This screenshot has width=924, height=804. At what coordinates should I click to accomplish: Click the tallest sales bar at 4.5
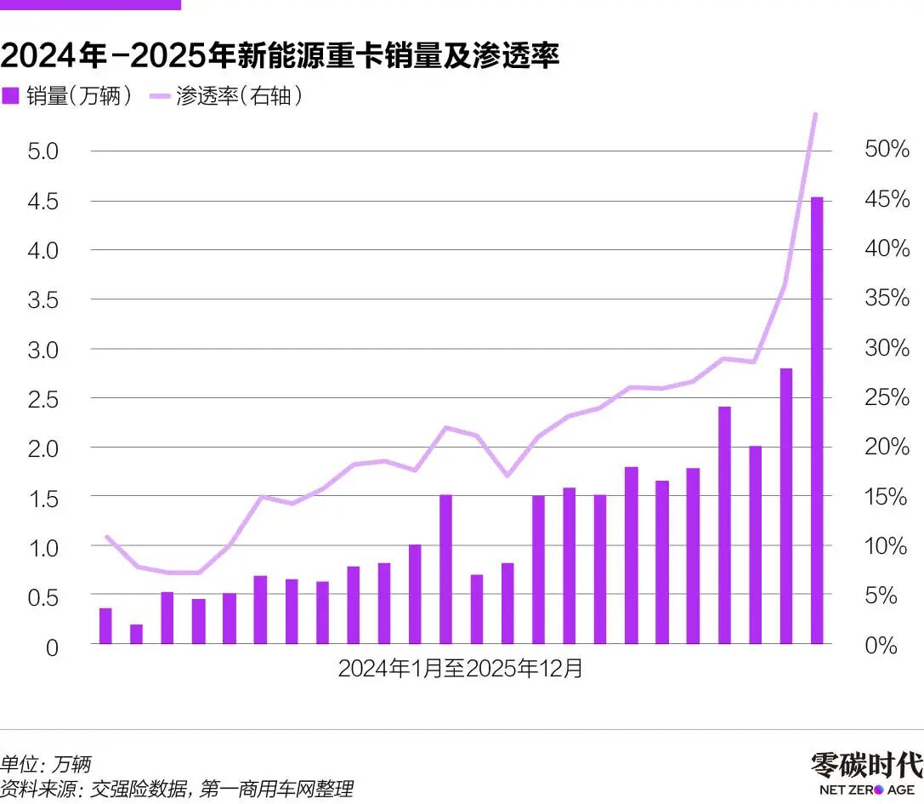click(817, 420)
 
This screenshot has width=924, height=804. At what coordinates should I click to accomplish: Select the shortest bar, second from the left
click(136, 634)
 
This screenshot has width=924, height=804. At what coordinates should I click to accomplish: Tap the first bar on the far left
click(105, 626)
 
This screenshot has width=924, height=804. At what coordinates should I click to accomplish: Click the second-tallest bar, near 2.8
click(786, 506)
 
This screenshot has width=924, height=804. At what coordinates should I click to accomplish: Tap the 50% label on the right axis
click(887, 150)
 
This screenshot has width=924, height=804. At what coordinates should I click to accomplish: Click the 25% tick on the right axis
click(887, 397)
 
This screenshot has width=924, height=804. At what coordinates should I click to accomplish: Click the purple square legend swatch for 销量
click(10, 96)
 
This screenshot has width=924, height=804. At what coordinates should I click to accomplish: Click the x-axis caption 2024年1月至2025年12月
click(461, 669)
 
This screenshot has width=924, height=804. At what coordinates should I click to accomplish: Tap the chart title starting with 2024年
click(280, 56)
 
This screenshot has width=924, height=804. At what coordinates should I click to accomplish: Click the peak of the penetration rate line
click(815, 114)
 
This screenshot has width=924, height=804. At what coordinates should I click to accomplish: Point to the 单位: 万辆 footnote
click(46, 763)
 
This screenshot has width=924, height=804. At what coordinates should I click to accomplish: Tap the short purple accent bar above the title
click(90, 4)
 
